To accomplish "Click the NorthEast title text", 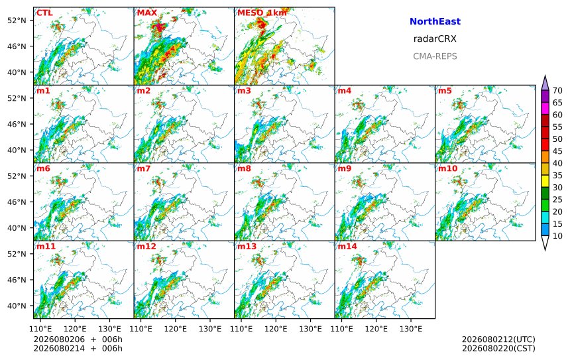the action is click(435, 21).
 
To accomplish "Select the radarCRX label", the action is click(435, 39).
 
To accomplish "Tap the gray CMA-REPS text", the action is click(435, 56).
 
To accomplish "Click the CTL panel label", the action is click(44, 13).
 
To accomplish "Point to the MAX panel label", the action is click(147, 13).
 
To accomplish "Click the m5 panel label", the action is click(445, 91).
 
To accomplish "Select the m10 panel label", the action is click(447, 168).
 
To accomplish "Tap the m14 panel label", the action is click(347, 247).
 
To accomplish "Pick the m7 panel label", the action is click(144, 168).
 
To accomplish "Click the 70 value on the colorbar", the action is click(557, 91).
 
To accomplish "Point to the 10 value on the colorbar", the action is click(557, 236).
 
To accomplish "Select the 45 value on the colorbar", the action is click(557, 151).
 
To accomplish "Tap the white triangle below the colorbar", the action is click(545, 243).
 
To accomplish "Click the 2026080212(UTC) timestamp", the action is click(498, 339).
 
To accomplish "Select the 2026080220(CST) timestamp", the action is click(498, 348).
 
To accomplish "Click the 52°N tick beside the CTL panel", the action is click(17, 21).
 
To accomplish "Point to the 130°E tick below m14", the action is click(411, 329).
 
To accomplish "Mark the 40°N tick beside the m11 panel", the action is click(17, 306).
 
